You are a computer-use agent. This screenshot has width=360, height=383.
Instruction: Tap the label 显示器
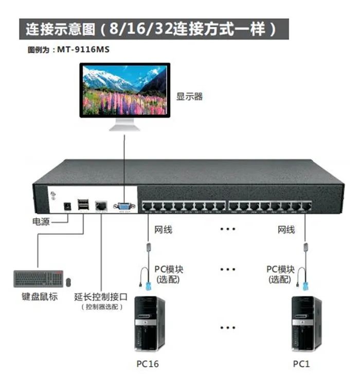(190, 96)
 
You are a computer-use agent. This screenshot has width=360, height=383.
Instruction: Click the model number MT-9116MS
(84, 50)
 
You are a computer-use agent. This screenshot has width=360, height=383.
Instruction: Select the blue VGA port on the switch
(124, 206)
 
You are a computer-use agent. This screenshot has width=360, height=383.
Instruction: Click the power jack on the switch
(66, 206)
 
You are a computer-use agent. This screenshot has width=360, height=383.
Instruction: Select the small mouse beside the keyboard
(68, 282)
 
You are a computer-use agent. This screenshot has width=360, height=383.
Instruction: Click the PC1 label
(302, 364)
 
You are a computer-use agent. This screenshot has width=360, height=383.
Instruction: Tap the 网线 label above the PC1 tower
(286, 230)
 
